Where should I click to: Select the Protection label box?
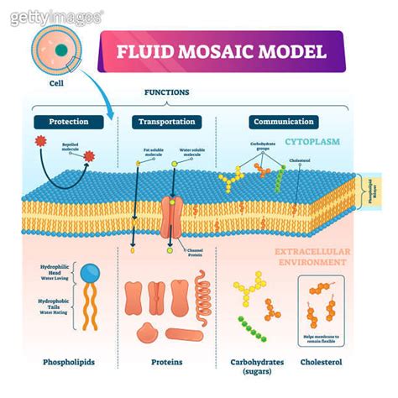pyautogui.click(x=68, y=122)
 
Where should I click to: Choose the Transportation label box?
pyautogui.click(x=165, y=122)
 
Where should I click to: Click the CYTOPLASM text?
pyautogui.click(x=312, y=142)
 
